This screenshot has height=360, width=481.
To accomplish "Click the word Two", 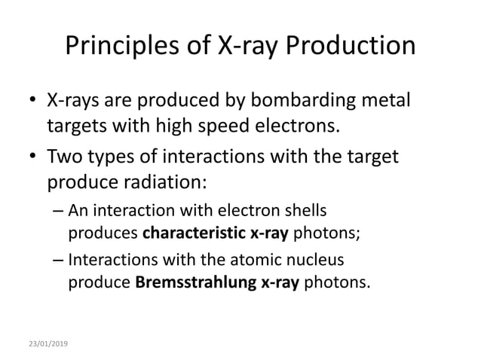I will tap(65, 160).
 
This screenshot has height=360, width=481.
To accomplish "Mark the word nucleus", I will tap(317, 261).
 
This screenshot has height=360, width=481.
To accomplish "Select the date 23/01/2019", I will tap(47, 343).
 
